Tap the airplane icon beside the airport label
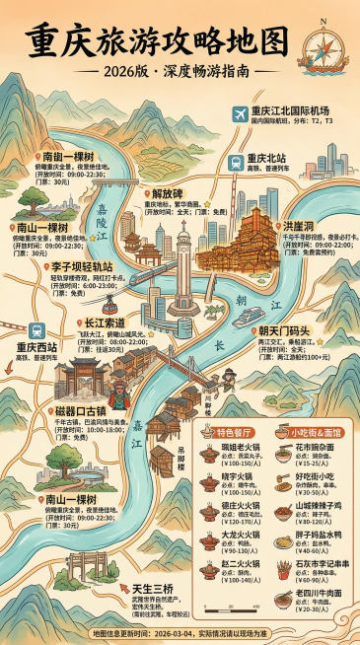tap(239, 114)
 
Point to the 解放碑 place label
tap(168, 193)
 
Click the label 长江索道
tap(104, 322)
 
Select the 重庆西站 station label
tap(36, 347)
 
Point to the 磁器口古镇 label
tap(83, 409)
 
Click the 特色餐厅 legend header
tap(237, 432)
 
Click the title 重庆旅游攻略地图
tap(158, 41)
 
